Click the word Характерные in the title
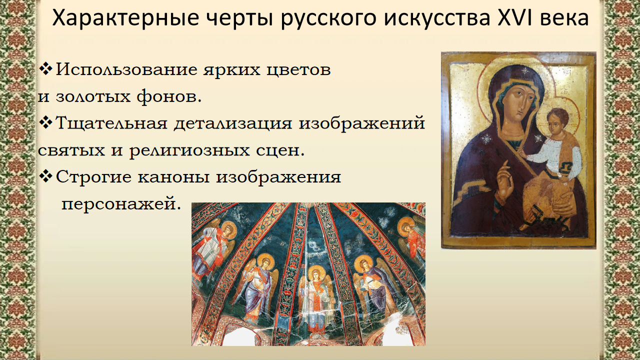[125, 17]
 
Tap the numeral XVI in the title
[513, 17]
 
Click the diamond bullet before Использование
[45, 68]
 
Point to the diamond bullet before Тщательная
[45, 122]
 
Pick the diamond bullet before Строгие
[45, 176]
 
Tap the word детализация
[233, 123]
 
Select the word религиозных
[189, 150]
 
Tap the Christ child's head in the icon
[557, 121]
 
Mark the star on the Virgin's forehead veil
[525, 70]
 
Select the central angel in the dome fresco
[315, 300]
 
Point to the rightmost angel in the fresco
[411, 243]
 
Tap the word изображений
[361, 123]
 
